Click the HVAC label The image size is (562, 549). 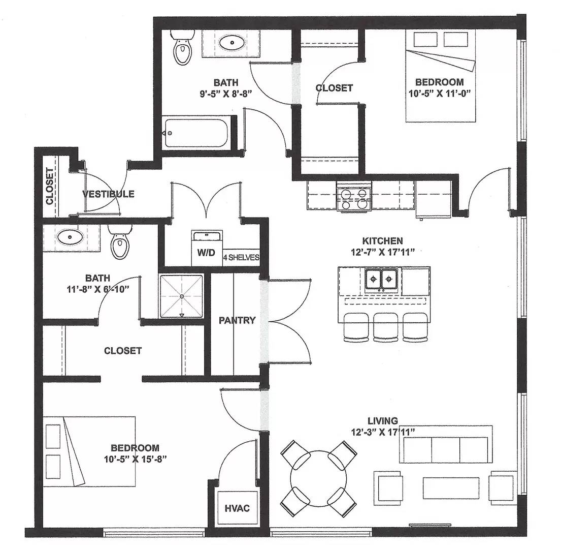point(237,508)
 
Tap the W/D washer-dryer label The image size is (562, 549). point(206,253)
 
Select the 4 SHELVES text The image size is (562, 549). point(241,257)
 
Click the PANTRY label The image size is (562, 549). point(237,320)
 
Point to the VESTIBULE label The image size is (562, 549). point(108,194)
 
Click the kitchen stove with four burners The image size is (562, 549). point(354,196)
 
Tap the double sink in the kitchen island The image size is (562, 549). point(381,279)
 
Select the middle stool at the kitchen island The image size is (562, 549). point(386,327)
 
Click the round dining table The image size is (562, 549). point(318,479)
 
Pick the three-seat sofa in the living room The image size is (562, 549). point(446,444)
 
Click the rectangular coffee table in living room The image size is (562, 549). point(451,488)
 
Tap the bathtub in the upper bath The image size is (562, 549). point(196,133)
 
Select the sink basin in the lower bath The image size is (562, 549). point(70,237)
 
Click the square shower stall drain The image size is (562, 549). point(182,296)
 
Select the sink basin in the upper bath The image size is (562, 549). point(232,43)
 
